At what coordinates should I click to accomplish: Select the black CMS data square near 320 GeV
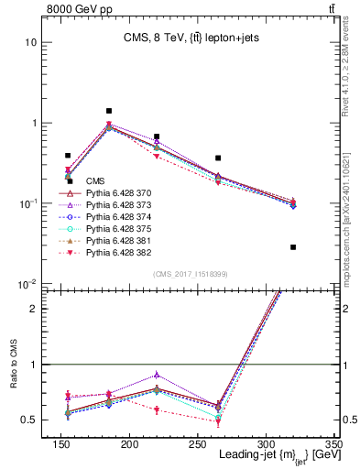pyautogui.click(x=293, y=247)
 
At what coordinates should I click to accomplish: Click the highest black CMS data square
pyautogui.click(x=109, y=111)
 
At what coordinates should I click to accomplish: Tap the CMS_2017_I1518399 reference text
pyautogui.click(x=183, y=273)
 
